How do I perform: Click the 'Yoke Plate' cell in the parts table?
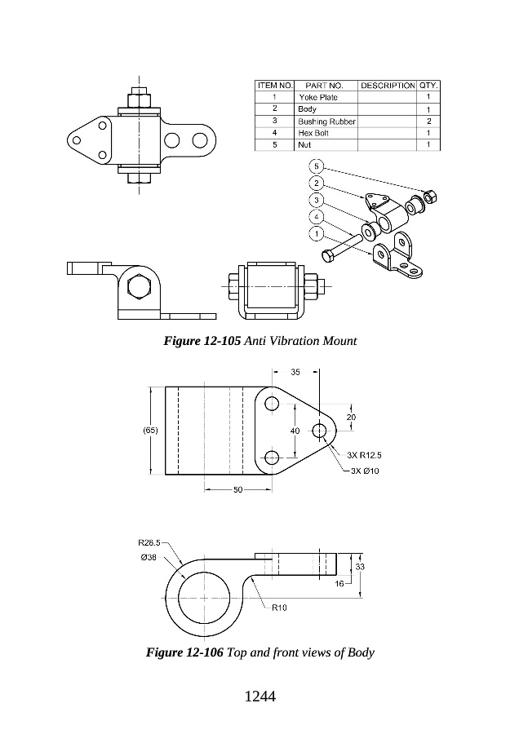coord(318,97)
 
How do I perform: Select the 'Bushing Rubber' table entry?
coord(326,122)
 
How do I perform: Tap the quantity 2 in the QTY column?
coord(428,122)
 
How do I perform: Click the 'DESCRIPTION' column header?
coord(388,86)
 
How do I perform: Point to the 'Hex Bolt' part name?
coord(313,134)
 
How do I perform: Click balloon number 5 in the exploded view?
coord(317,166)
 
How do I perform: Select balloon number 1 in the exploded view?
coord(317,233)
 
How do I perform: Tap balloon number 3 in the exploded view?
coord(317,201)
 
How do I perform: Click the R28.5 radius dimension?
coord(149,543)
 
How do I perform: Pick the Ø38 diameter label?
coord(149,558)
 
